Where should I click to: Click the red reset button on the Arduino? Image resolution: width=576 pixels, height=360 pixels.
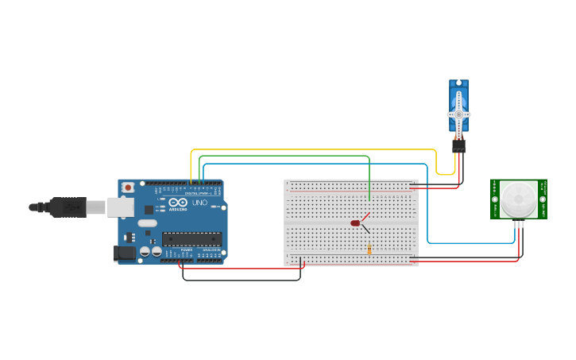(x=128, y=188)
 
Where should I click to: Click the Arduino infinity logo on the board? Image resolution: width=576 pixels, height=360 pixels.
(x=177, y=203)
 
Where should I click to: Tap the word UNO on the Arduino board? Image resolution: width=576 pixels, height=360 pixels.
(x=199, y=203)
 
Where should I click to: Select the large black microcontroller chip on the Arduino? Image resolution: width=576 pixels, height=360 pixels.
(x=192, y=238)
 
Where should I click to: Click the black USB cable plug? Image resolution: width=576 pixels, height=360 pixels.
(x=68, y=207)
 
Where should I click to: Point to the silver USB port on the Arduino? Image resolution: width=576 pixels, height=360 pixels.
(x=120, y=207)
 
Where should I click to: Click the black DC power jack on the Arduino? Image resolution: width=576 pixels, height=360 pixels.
(x=124, y=254)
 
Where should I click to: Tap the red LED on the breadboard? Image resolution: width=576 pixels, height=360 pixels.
(x=355, y=223)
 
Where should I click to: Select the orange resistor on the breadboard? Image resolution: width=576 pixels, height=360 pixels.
(x=369, y=250)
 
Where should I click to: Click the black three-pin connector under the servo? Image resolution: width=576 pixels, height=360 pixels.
(x=458, y=146)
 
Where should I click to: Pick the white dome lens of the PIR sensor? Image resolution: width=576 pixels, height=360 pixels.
(x=518, y=198)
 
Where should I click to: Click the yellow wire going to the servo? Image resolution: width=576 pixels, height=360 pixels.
(x=318, y=149)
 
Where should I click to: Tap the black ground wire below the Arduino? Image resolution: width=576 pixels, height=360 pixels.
(x=238, y=280)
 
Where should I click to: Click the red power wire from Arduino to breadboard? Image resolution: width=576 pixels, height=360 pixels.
(x=238, y=269)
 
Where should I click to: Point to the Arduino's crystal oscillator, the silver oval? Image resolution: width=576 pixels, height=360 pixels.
(x=147, y=223)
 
